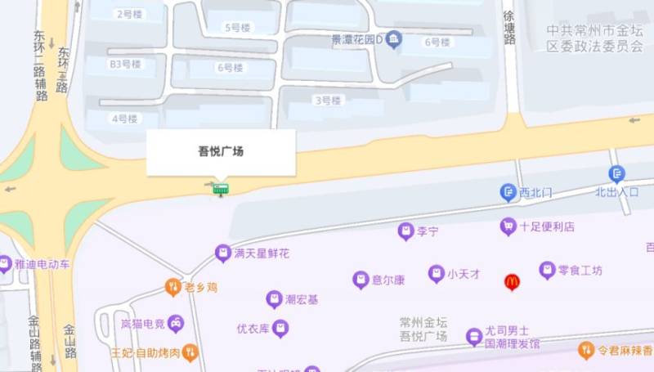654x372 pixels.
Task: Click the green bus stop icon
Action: [221, 189]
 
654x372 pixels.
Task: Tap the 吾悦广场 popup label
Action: [221, 151]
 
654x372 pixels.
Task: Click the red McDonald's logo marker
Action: [512, 282]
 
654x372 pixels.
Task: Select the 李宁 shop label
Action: [428, 232]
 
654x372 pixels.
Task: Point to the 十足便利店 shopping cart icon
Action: [508, 226]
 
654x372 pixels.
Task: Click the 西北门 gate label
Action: [536, 193]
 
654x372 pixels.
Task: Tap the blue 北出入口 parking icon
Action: [616, 173]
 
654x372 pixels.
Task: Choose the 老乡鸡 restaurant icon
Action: [172, 287]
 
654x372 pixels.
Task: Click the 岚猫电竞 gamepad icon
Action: [176, 325]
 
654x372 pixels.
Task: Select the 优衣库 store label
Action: [253, 329]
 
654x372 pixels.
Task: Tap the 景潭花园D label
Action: [357, 38]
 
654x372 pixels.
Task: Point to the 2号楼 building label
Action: [129, 14]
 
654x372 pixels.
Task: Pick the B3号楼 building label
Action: [126, 63]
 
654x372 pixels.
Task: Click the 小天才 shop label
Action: [463, 274]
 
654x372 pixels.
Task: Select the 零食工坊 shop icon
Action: [547, 270]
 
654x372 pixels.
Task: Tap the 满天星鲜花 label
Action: [262, 253]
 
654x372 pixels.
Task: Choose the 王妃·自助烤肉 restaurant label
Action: [146, 352]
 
